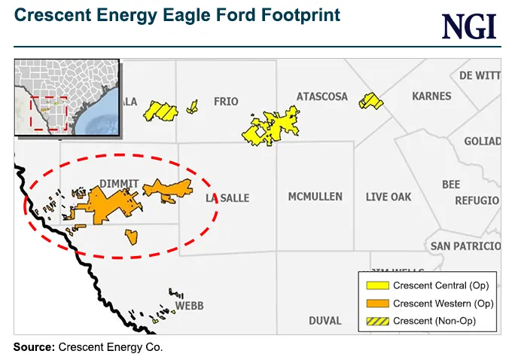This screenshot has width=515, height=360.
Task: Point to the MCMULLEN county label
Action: (315, 197)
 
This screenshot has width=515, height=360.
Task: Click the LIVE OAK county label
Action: (389, 197)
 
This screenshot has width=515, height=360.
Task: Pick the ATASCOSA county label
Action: (322, 97)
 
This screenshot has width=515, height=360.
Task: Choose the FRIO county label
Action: (226, 101)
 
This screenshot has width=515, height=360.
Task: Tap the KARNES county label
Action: (431, 96)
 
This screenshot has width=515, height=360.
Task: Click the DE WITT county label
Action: (480, 75)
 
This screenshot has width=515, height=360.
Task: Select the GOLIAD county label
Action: (482, 142)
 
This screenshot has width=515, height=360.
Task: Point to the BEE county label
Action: (451, 185)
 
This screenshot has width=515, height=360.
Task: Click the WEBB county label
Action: (189, 306)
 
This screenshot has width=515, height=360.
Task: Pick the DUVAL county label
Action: (325, 321)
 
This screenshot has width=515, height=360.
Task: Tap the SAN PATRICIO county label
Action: (465, 246)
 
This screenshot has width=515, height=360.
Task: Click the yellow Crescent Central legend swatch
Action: (377, 286)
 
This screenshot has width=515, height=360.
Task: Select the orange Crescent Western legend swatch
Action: (377, 304)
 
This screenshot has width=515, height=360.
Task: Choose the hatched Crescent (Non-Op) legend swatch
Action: (377, 321)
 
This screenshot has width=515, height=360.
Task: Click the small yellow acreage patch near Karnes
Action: (370, 100)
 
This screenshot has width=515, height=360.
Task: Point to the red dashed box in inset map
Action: (49, 113)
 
